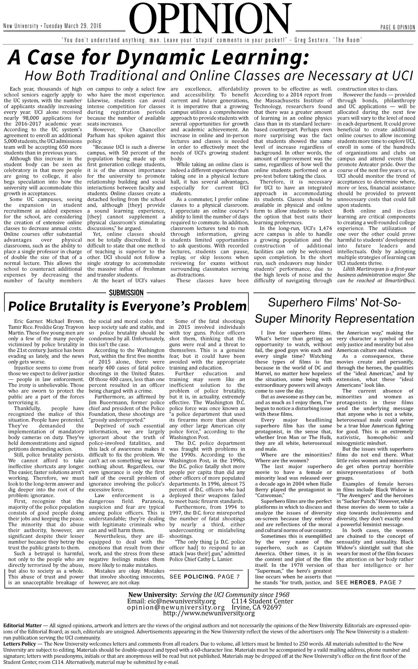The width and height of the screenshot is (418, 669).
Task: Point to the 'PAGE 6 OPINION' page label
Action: point(397,27)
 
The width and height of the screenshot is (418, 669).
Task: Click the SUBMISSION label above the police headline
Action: point(127,292)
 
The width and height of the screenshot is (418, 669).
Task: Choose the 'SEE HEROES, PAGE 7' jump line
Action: point(369,582)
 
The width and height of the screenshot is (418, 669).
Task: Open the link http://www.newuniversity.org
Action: point(209,613)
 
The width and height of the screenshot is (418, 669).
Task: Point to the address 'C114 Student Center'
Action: point(262,601)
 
